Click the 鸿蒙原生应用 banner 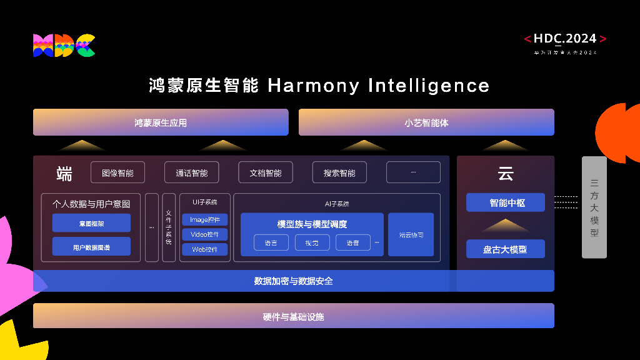point(161,122)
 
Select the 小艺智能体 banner point(426,122)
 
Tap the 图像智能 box point(117,172)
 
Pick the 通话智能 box point(191,172)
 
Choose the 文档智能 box point(266,172)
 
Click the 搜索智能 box point(339,172)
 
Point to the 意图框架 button point(91,223)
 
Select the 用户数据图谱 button point(91,247)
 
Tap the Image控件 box point(205,219)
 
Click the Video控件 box point(205,234)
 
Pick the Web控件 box point(205,249)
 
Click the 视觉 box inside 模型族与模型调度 point(312,242)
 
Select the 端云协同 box point(411,235)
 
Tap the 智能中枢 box point(506,202)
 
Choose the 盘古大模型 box point(506,249)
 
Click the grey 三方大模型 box point(594,207)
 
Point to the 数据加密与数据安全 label point(293,281)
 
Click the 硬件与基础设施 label point(293,317)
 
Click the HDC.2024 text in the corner point(565,39)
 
